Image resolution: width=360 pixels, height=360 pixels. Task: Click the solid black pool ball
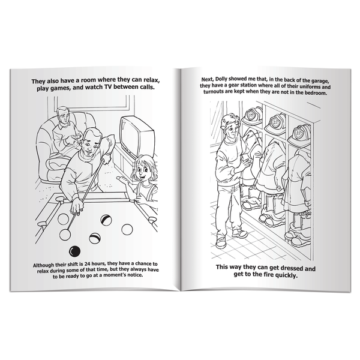coord(76,250)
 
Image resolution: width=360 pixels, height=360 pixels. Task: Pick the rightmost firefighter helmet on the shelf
coord(300,133)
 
